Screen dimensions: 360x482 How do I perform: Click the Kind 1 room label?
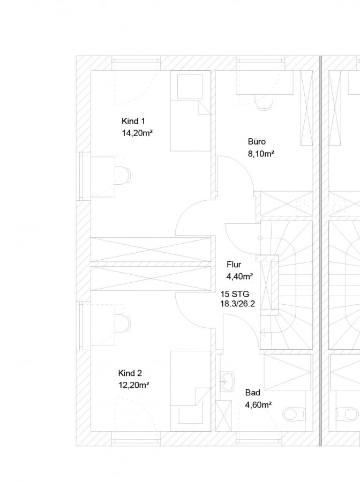(x=133, y=121)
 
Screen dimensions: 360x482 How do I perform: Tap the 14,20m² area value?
(x=138, y=133)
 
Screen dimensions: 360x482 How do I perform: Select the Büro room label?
(x=257, y=142)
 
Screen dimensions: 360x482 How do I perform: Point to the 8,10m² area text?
(x=261, y=154)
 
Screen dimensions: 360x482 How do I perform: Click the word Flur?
(x=234, y=265)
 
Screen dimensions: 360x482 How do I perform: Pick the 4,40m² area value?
(x=240, y=277)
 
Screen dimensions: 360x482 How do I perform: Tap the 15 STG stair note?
(x=235, y=294)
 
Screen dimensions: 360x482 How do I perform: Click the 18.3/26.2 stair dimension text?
(x=238, y=304)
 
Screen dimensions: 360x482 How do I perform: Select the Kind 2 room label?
(x=130, y=373)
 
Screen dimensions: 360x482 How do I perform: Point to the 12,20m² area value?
(x=134, y=385)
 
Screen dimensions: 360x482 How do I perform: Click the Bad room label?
(x=253, y=393)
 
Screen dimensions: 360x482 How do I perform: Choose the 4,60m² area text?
(x=258, y=405)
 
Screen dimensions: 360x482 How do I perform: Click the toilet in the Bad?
(x=294, y=414)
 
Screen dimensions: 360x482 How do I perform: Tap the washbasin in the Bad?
(x=228, y=381)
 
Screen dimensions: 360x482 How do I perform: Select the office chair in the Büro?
(x=264, y=102)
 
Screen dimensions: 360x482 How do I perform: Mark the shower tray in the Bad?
(x=288, y=372)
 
